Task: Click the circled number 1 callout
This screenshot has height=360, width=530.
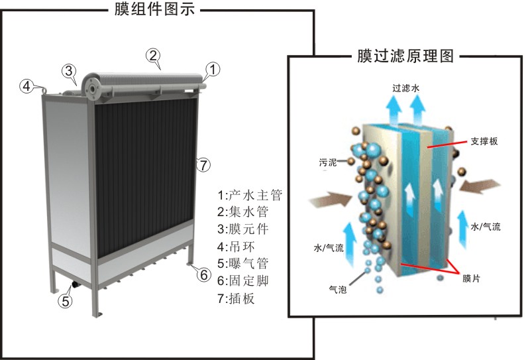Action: click(213, 68)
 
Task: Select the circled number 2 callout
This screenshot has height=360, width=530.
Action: click(153, 56)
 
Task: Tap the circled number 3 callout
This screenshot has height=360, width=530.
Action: click(70, 70)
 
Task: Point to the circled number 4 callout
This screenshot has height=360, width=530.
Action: click(26, 86)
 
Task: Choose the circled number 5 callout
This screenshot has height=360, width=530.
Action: click(65, 300)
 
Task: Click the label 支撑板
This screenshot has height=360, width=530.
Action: click(484, 141)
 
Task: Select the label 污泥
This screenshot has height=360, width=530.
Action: click(327, 160)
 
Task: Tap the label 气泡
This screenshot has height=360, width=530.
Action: click(338, 289)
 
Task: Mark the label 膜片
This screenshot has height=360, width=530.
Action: click(472, 278)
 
